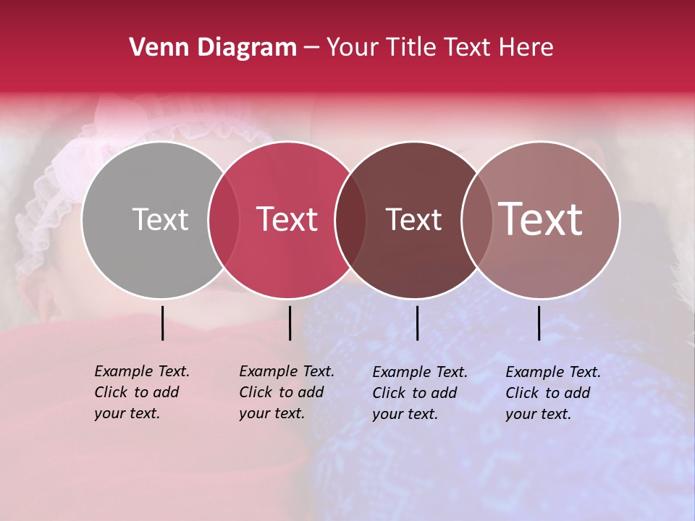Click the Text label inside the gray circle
pyautogui.click(x=160, y=219)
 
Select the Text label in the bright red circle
pyautogui.click(x=287, y=219)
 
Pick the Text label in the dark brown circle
pyautogui.click(x=413, y=220)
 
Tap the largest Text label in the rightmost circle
pyautogui.click(x=541, y=219)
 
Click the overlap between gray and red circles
pyautogui.click(x=224, y=220)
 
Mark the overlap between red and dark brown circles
pyautogui.click(x=350, y=220)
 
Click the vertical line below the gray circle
pyautogui.click(x=162, y=323)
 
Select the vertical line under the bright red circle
pyautogui.click(x=290, y=323)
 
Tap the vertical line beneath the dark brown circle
pyautogui.click(x=417, y=323)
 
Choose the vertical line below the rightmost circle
pyautogui.click(x=539, y=323)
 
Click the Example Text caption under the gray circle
pyautogui.click(x=141, y=392)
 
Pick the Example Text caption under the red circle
pyautogui.click(x=286, y=392)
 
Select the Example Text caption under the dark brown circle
pyautogui.click(x=419, y=393)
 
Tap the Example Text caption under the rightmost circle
pyautogui.click(x=552, y=393)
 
